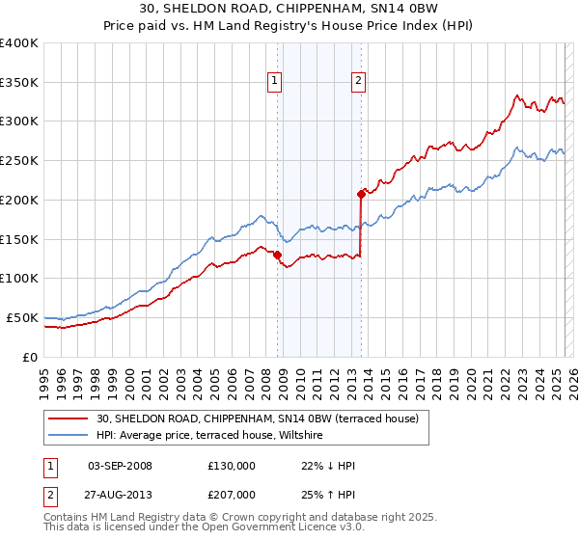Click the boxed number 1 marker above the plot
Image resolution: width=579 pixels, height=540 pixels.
coord(276,82)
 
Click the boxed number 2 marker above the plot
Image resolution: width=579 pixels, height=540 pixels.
coord(358,82)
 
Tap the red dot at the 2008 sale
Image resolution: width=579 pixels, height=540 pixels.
coord(277,255)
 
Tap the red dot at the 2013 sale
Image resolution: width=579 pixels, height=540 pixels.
coord(361,194)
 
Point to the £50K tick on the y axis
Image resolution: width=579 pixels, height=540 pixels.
coord(22,317)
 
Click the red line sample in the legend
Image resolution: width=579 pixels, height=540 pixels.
coord(69,418)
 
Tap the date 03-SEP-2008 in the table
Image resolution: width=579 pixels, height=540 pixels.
coord(120,466)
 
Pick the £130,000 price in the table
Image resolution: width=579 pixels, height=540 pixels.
coord(232,466)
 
